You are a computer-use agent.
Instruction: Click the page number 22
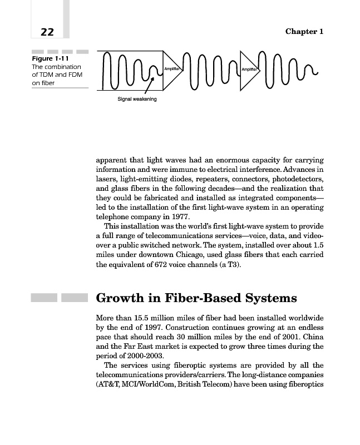click(x=47, y=32)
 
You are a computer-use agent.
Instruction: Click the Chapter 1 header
click(x=304, y=31)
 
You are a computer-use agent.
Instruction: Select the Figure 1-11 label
click(x=49, y=58)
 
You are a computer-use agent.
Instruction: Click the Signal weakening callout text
click(x=137, y=99)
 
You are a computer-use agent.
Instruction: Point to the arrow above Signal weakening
click(x=148, y=88)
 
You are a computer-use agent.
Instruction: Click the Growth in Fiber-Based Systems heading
click(x=196, y=298)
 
